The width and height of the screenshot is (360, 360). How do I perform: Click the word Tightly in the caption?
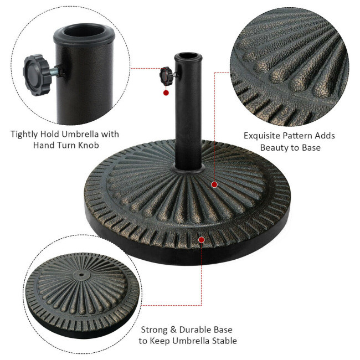tap(24, 135)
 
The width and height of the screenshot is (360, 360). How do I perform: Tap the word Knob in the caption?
tap(89, 145)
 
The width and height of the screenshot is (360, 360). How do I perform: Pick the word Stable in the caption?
tap(224, 341)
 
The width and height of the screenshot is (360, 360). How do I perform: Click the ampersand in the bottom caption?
tap(173, 330)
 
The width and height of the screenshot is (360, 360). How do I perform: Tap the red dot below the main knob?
tap(166, 92)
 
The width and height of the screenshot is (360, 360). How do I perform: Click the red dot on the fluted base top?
tap(214, 184)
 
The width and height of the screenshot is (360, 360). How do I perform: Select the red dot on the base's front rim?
tap(202, 240)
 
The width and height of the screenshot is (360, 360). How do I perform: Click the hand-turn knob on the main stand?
tap(166, 75)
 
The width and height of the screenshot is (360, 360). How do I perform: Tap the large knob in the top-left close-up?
tap(36, 75)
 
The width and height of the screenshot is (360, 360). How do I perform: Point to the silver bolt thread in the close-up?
tap(54, 71)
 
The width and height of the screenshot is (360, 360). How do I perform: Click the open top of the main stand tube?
tap(188, 56)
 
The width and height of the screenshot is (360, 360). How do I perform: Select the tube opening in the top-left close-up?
tap(84, 31)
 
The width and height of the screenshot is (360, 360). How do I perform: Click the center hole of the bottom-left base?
tap(81, 274)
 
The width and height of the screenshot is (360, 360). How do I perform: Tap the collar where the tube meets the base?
tap(188, 169)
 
